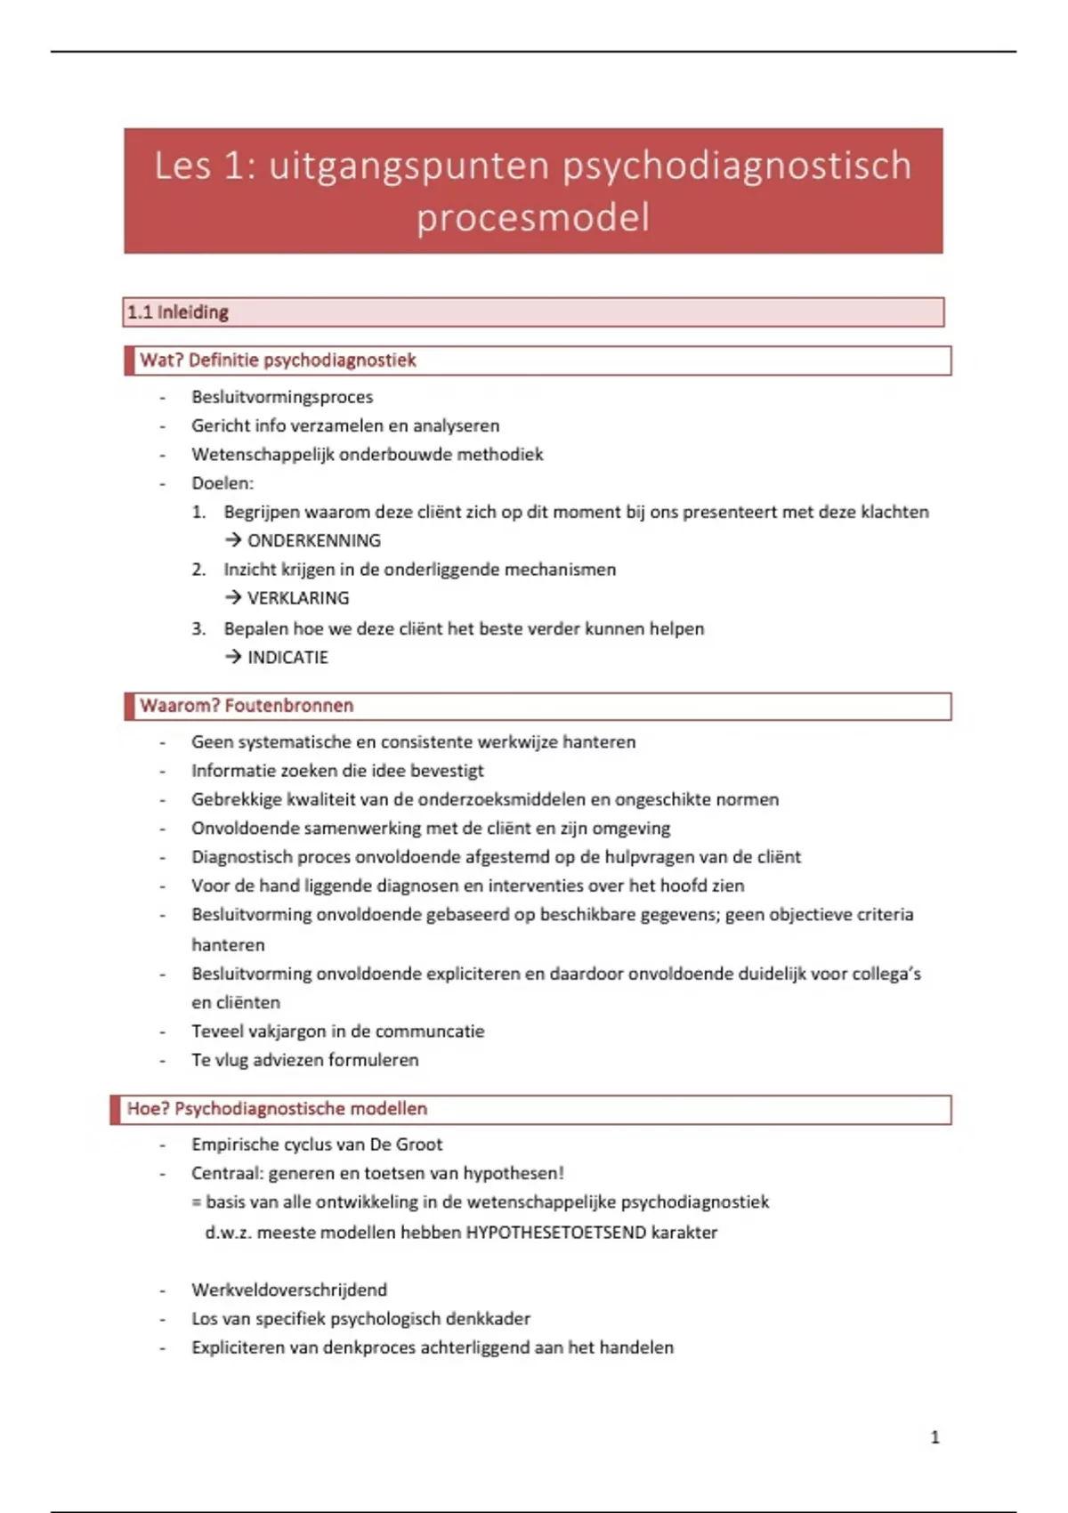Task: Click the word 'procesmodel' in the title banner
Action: coord(533,218)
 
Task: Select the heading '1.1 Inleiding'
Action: coord(178,312)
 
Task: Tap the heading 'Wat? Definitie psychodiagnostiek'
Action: coord(278,360)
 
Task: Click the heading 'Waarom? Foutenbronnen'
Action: coord(247,706)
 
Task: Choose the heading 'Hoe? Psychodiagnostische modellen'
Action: coord(277,1109)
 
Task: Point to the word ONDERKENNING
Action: coord(313,541)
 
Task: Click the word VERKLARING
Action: coord(298,598)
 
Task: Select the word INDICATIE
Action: coord(287,658)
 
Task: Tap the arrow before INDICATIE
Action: coord(233,657)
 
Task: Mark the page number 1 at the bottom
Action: coord(934,1437)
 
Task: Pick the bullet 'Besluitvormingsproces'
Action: coord(282,397)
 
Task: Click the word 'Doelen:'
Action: coord(222,483)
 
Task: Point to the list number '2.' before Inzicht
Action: coord(198,570)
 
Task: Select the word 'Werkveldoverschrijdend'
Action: coord(289,1290)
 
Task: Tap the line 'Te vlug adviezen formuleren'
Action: coord(304,1060)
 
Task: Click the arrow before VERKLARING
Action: coord(233,597)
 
